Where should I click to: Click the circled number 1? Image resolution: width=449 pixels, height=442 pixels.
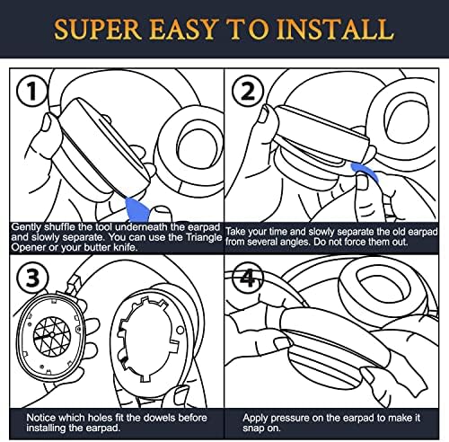click(31, 91)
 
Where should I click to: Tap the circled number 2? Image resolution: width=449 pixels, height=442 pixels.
click(248, 92)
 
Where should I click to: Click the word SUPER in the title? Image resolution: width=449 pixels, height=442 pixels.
click(98, 30)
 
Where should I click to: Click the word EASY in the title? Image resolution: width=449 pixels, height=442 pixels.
click(182, 30)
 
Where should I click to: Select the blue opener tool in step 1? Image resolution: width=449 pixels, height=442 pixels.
click(137, 209)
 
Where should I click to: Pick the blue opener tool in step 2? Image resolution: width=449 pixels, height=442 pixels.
click(365, 172)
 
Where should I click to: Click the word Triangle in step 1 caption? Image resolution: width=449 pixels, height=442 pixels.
click(204, 237)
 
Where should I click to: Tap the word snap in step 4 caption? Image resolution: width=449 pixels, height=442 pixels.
click(253, 429)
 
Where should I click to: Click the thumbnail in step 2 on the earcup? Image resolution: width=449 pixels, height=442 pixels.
click(263, 116)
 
